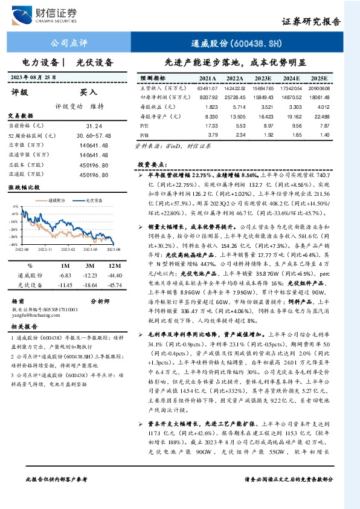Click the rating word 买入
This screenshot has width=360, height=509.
coord(89,92)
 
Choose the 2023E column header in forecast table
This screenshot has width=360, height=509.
coord(263,79)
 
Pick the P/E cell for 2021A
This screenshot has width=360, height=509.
coord(211,126)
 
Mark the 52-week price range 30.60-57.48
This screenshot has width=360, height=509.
coord(97,135)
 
